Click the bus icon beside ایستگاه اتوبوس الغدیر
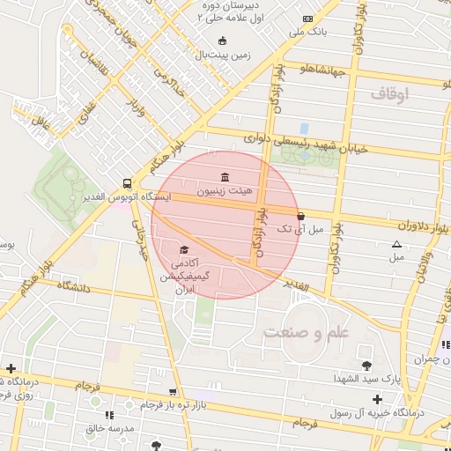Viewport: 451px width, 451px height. [x=128, y=184]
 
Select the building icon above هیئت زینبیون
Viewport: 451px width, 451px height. [x=227, y=176]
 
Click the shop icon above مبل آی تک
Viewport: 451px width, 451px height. [x=301, y=216]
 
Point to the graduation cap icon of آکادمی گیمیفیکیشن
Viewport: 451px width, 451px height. [x=183, y=250]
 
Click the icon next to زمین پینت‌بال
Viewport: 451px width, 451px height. [x=221, y=41]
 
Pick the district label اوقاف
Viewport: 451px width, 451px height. [x=391, y=93]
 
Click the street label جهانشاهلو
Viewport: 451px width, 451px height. [x=328, y=67]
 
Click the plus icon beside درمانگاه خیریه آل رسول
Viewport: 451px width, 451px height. [x=377, y=399]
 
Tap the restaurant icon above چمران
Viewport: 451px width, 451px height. [x=445, y=344]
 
